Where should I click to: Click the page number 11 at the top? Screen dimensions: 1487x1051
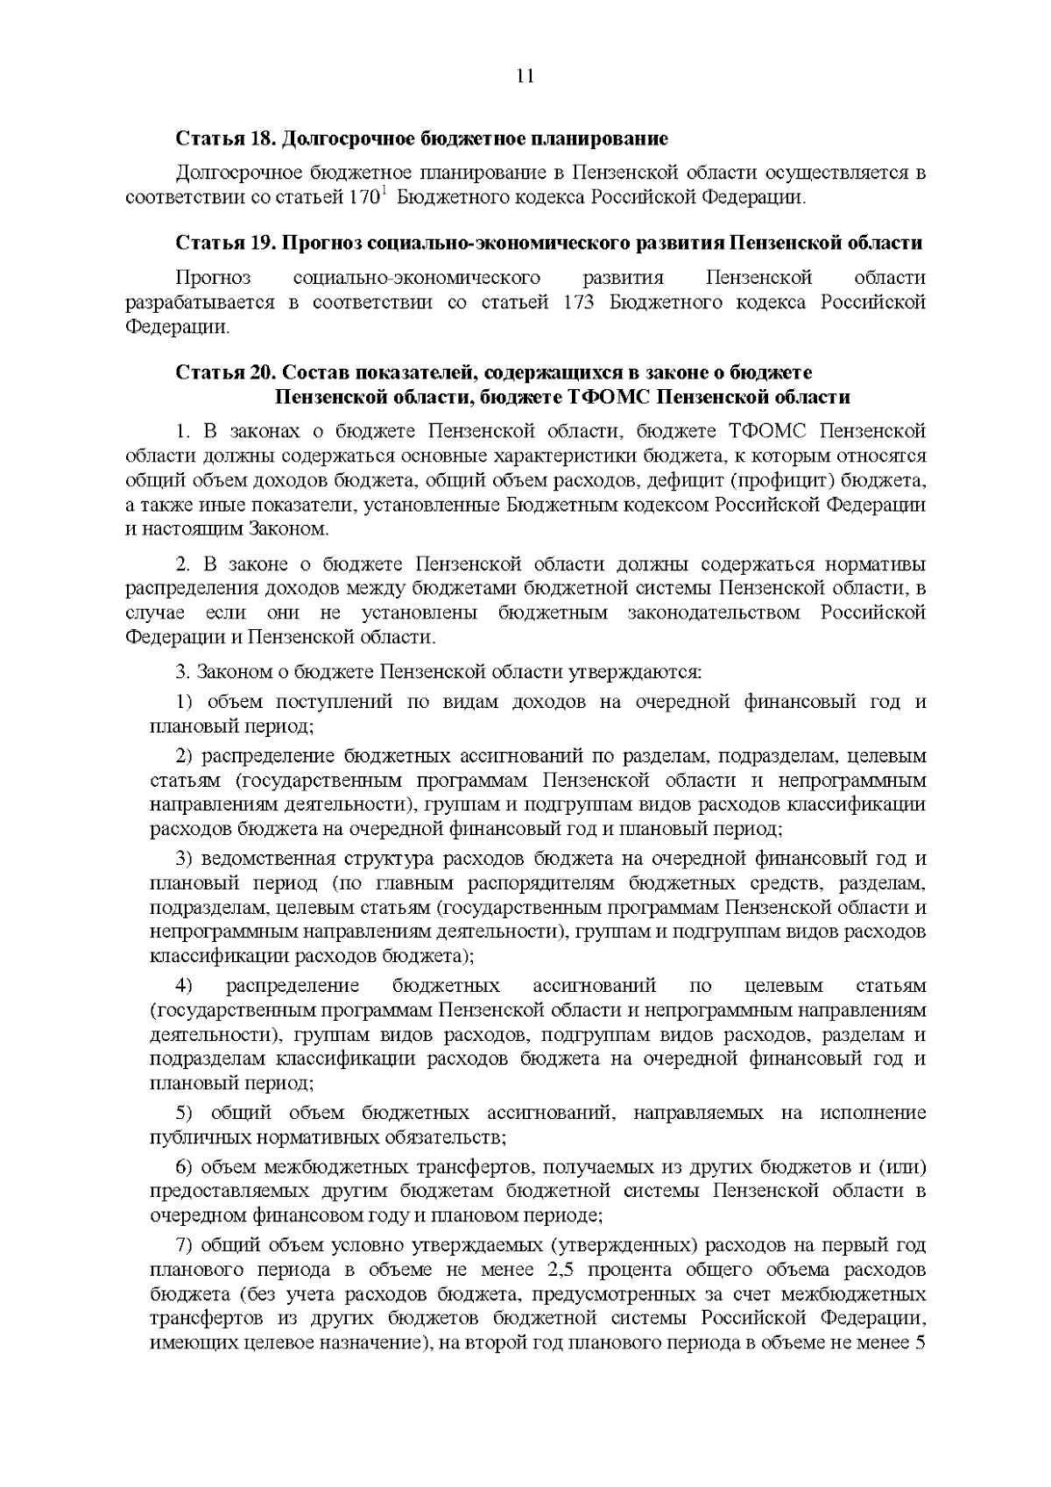(x=525, y=75)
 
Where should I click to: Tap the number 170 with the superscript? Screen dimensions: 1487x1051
(x=364, y=197)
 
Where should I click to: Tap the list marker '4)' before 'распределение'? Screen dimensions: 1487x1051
(x=184, y=986)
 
